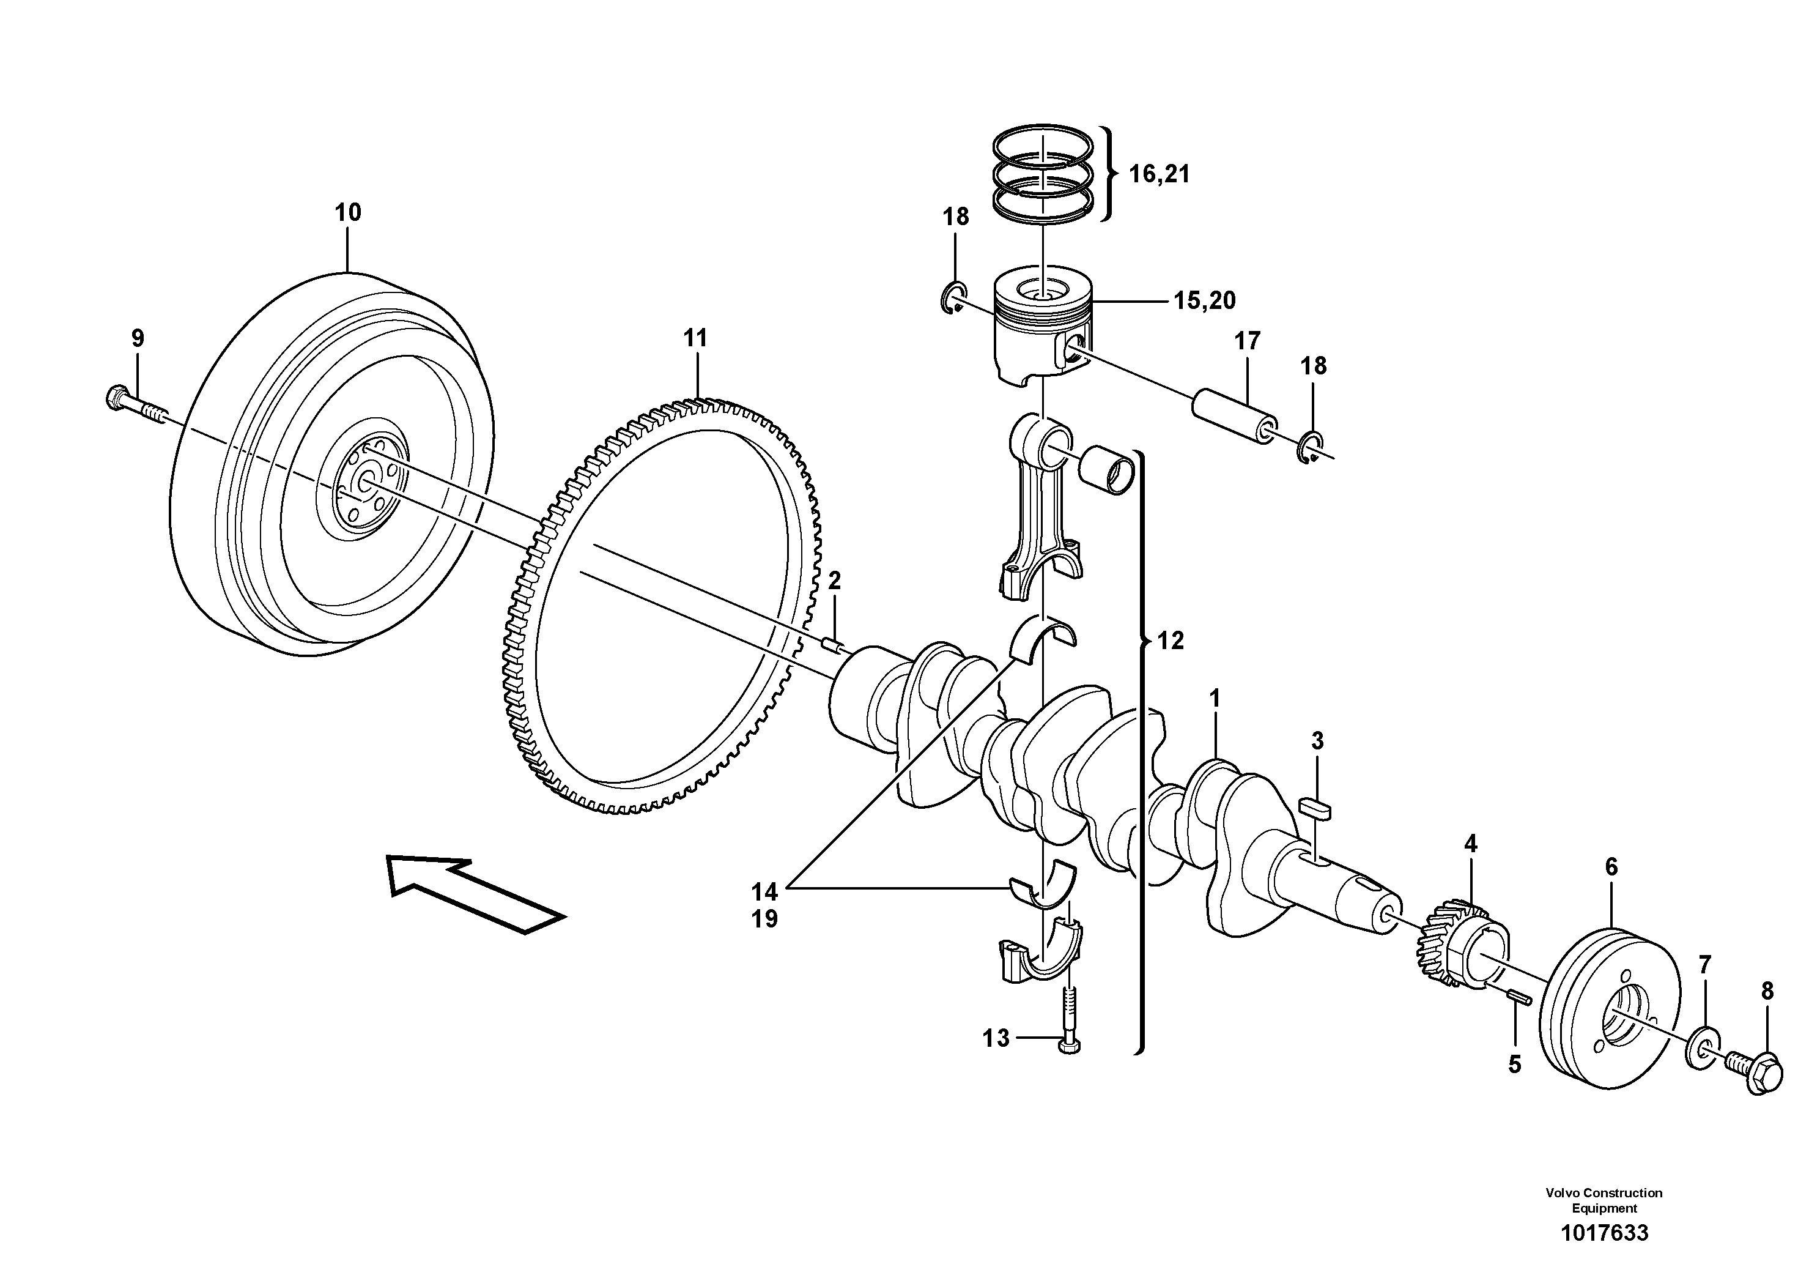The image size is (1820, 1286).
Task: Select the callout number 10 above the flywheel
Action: [x=347, y=212]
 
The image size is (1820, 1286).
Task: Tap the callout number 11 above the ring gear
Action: [x=695, y=338]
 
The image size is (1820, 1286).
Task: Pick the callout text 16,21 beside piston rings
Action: [x=1159, y=174]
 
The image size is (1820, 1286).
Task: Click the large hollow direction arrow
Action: [x=476, y=892]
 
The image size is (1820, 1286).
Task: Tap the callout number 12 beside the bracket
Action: [x=1170, y=641]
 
